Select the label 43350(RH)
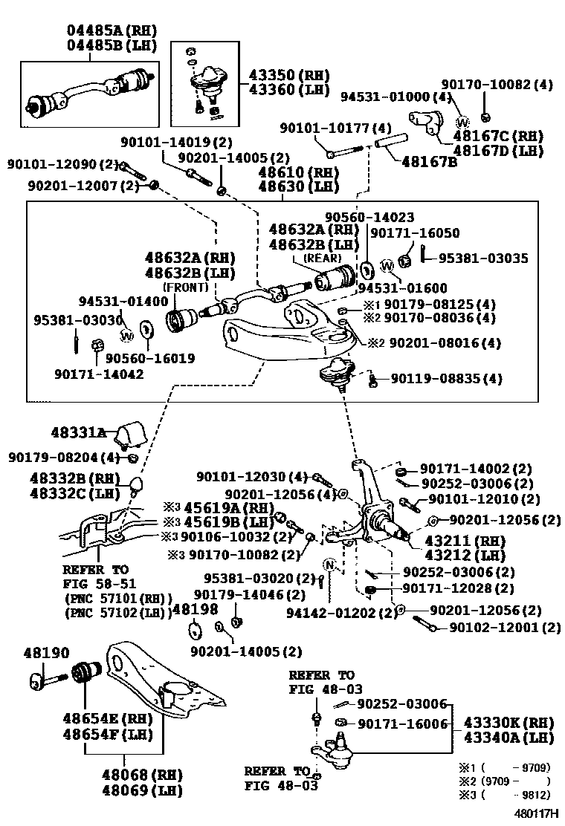click(x=280, y=76)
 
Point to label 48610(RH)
click(x=297, y=172)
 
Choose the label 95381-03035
click(x=483, y=258)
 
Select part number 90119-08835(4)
click(x=446, y=379)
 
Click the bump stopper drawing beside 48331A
click(x=132, y=432)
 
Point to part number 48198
click(x=195, y=610)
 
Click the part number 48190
click(x=45, y=653)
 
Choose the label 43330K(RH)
click(x=509, y=722)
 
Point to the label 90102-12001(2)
click(x=505, y=628)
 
